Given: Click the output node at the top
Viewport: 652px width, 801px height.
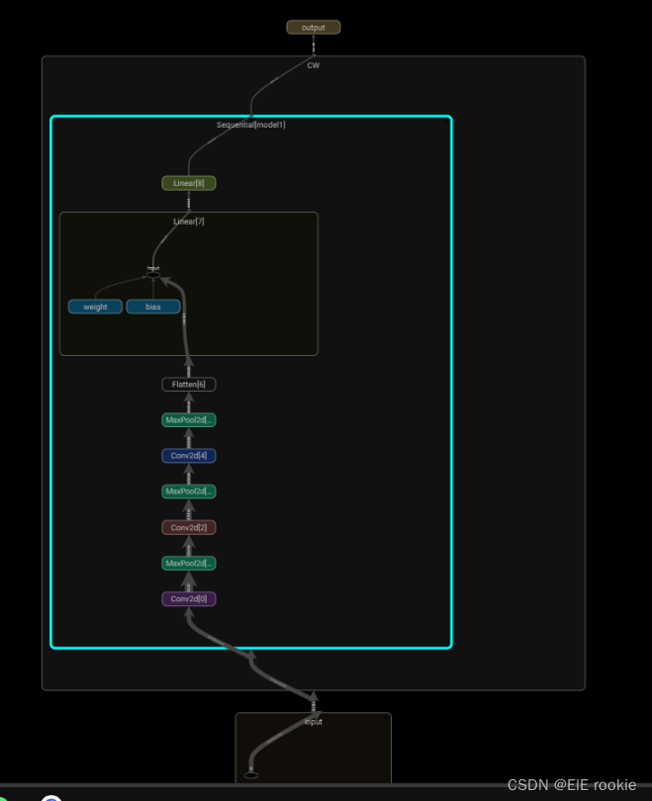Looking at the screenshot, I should pyautogui.click(x=313, y=28).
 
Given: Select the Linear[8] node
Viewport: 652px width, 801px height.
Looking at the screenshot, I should pyautogui.click(x=188, y=183).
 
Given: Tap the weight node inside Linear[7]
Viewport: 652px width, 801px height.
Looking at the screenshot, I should pyautogui.click(x=95, y=308).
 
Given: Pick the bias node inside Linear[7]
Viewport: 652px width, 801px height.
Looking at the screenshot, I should pyautogui.click(x=153, y=308).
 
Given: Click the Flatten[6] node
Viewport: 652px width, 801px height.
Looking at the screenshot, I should pyautogui.click(x=188, y=385).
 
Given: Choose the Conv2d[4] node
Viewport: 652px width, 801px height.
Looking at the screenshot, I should pyautogui.click(x=188, y=456).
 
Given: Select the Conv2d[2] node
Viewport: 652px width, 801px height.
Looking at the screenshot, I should pyautogui.click(x=188, y=528).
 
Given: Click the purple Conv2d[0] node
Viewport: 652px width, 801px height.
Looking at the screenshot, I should pyautogui.click(x=188, y=599).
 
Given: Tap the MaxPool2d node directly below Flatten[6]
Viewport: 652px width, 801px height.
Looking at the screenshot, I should pyautogui.click(x=188, y=420).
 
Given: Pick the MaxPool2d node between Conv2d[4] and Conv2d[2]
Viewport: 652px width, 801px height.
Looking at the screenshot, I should pyautogui.click(x=188, y=491).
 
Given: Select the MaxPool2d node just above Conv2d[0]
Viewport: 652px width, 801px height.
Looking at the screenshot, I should pyautogui.click(x=188, y=564).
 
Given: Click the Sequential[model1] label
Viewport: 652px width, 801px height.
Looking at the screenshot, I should pyautogui.click(x=251, y=125).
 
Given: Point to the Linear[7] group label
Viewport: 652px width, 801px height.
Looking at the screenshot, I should pyautogui.click(x=189, y=222).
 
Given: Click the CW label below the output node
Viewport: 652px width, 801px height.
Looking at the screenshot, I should pyautogui.click(x=313, y=65).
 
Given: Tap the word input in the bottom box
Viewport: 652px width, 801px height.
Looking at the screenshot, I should pyautogui.click(x=313, y=722).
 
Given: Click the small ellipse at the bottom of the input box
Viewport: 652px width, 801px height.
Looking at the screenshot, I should pyautogui.click(x=250, y=775).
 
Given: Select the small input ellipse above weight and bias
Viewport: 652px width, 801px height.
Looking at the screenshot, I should pyautogui.click(x=152, y=273).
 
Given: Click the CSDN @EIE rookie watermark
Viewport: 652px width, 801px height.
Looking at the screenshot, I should pyautogui.click(x=571, y=784).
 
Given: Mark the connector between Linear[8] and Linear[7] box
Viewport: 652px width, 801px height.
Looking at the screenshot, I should pyautogui.click(x=189, y=202).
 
